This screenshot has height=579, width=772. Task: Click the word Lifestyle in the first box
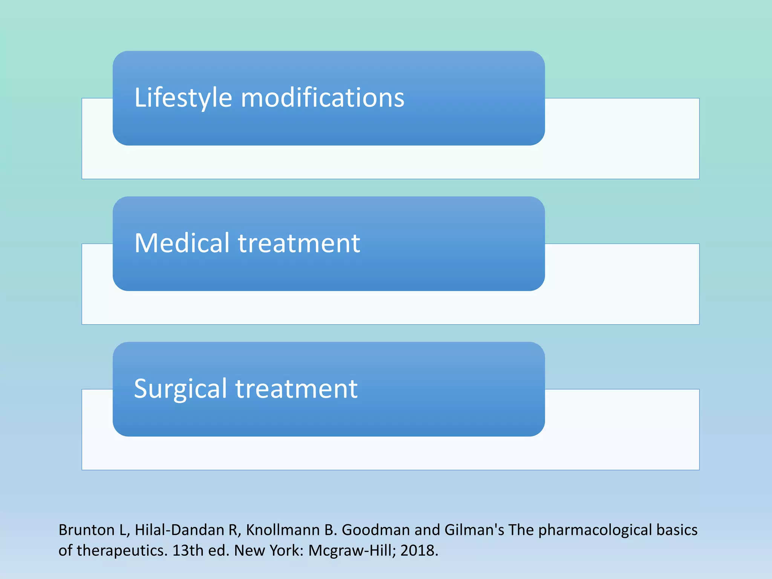click(x=183, y=98)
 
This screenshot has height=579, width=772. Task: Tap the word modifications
click(x=323, y=98)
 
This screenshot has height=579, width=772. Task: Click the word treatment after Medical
click(x=299, y=243)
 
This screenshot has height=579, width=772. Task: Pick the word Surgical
click(x=180, y=389)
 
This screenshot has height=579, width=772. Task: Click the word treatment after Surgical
click(x=297, y=389)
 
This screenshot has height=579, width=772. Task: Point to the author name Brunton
click(x=86, y=530)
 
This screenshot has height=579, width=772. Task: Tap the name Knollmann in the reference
click(x=283, y=530)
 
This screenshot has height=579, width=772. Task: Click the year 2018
click(x=419, y=551)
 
